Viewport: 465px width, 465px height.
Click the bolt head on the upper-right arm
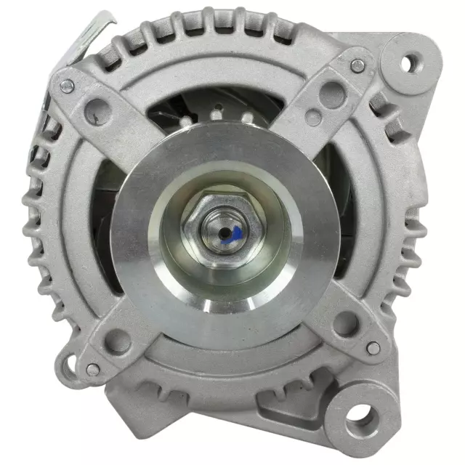click(357, 65)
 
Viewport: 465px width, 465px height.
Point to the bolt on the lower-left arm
click(93, 368)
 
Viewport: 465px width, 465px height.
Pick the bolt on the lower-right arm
click(373, 349)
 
